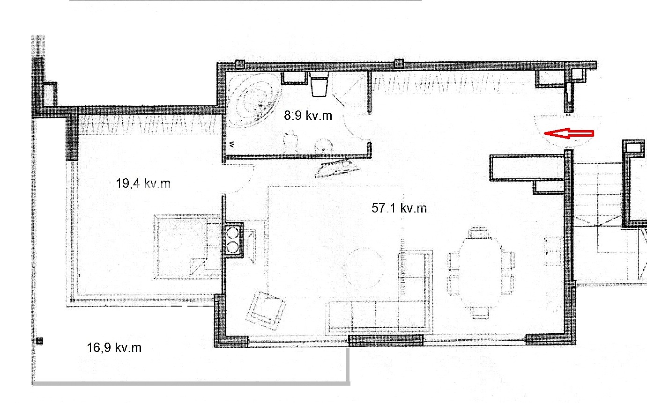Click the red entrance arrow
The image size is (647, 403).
(x=569, y=133)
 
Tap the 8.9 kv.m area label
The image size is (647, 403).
(x=308, y=116)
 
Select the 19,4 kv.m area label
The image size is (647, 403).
(x=143, y=183)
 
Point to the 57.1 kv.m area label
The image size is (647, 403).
(x=399, y=208)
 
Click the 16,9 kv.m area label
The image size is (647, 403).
(x=114, y=348)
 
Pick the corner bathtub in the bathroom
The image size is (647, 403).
(x=254, y=100)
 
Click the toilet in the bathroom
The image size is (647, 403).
(x=319, y=84)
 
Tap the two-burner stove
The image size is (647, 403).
(x=233, y=240)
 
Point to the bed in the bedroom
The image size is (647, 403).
(x=188, y=247)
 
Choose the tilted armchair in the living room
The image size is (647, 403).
(x=266, y=310)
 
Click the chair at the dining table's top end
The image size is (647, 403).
(x=479, y=233)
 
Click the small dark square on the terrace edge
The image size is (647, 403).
(x=40, y=341)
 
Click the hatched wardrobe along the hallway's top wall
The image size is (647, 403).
(x=436, y=83)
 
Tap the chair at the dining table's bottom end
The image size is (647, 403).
(x=479, y=313)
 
